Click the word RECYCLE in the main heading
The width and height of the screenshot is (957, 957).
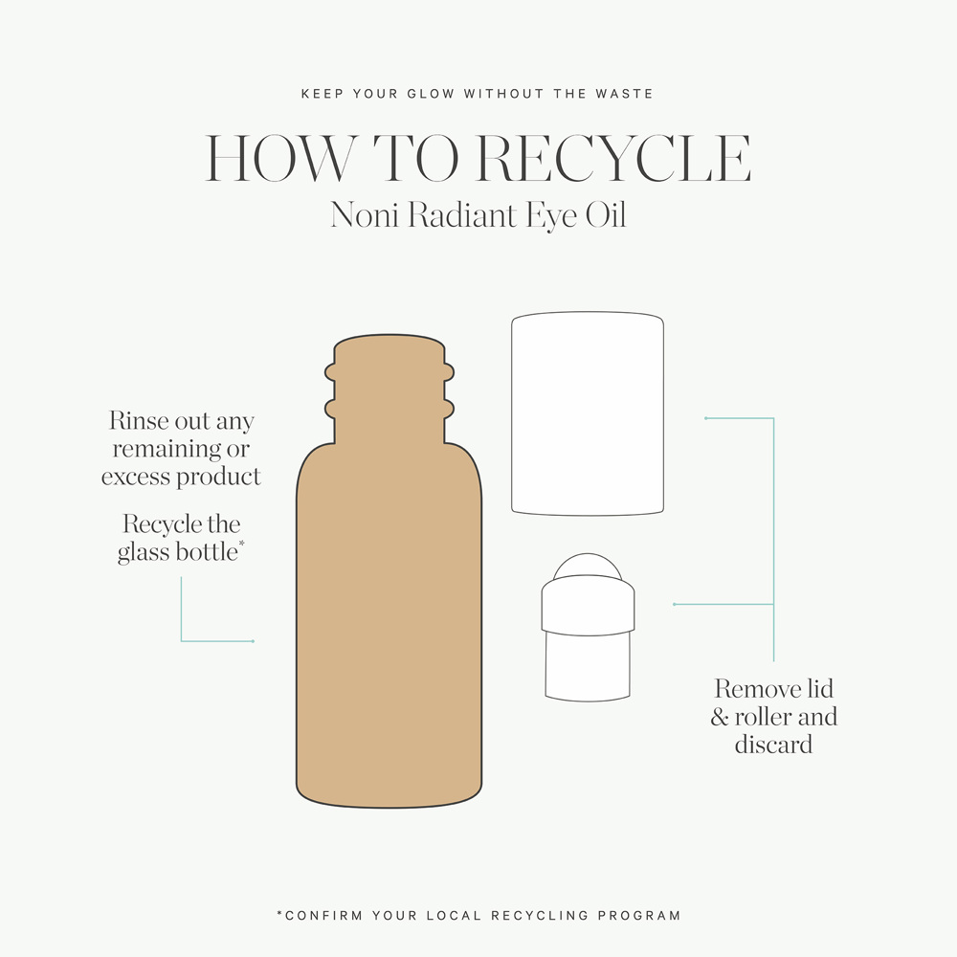[613, 158]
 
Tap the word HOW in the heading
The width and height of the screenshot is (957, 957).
[280, 158]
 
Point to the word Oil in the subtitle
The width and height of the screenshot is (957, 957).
[606, 214]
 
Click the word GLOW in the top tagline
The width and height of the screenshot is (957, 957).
[431, 94]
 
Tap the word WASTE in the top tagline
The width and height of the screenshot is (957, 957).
[624, 94]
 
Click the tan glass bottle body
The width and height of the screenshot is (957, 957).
[389, 623]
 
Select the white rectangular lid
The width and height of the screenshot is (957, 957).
[588, 413]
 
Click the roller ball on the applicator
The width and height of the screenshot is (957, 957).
[588, 565]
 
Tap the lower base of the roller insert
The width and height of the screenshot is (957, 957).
[588, 666]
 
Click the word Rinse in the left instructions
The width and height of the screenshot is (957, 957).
[139, 420]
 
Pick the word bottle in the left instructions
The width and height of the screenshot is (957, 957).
[207, 552]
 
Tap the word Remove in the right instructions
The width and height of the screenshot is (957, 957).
[757, 689]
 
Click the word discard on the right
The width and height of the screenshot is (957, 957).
[773, 745]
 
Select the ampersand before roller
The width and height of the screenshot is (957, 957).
[720, 717]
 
